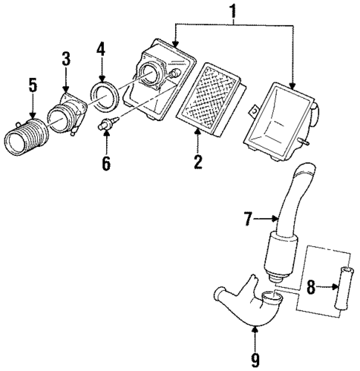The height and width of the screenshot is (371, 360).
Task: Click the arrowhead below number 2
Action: click(197, 133)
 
